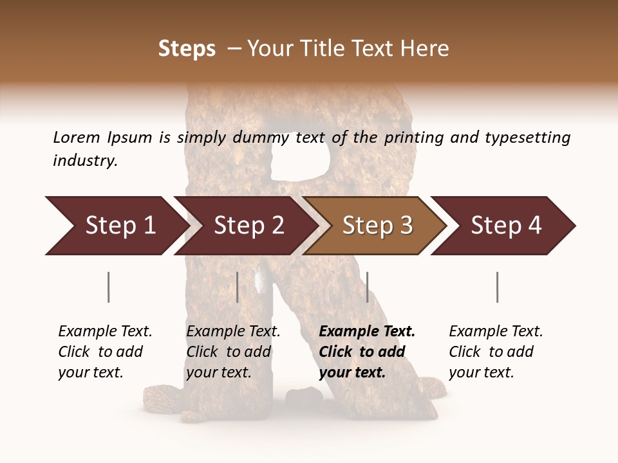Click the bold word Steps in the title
coord(187,49)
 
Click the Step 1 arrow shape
coord(116,226)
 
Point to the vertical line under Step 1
coord(109,287)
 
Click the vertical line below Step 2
coord(238,287)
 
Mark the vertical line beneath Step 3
coord(368,287)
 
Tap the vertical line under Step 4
coord(498,287)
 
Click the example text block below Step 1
coord(105,352)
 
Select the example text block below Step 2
coord(233,352)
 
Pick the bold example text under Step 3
coord(367,352)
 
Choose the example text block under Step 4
coord(496,352)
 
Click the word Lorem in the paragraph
coord(77,138)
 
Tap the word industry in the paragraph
coord(85,161)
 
